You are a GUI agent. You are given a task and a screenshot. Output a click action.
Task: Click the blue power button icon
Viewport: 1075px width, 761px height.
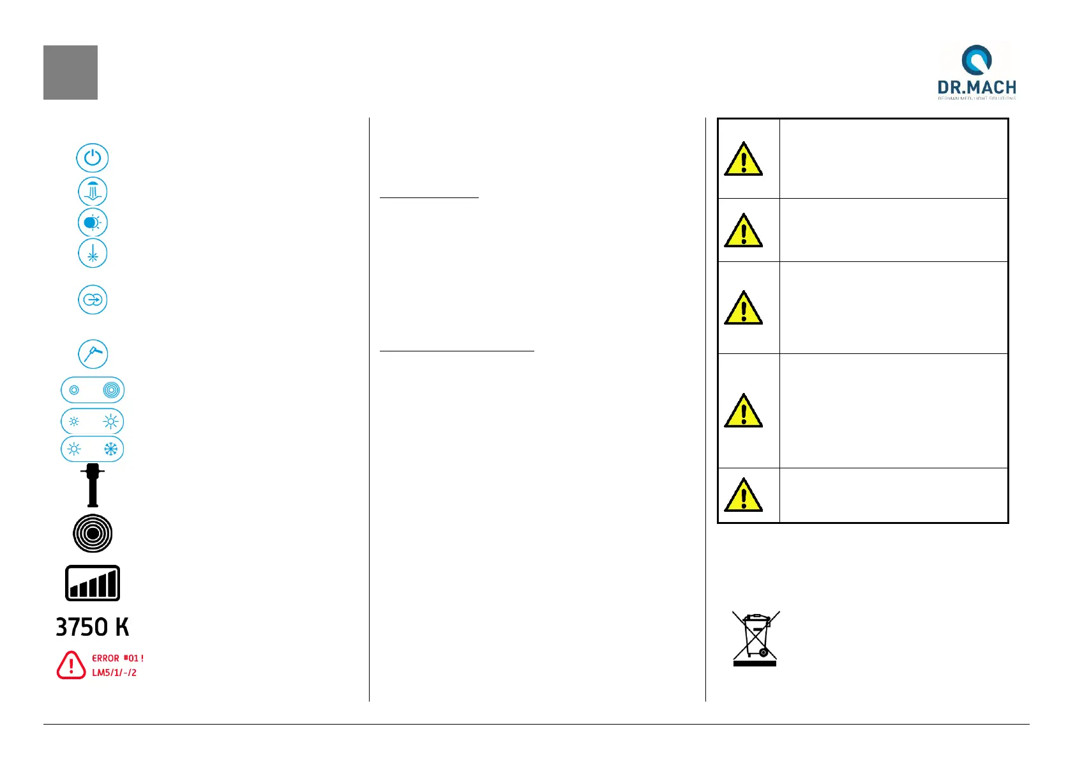click(x=93, y=158)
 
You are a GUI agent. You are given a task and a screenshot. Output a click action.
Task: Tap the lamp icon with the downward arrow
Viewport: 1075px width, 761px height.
click(x=93, y=192)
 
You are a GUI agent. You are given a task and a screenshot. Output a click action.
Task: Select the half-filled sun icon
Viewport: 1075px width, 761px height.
click(x=93, y=223)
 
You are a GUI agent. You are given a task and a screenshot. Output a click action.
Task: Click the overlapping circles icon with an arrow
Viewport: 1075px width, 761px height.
click(x=93, y=300)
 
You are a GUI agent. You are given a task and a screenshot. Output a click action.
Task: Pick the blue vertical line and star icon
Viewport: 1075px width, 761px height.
click(x=93, y=254)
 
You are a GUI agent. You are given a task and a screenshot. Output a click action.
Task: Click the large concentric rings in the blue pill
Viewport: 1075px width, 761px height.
click(x=111, y=390)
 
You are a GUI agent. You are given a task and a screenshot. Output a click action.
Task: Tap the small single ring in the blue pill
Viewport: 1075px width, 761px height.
click(x=74, y=390)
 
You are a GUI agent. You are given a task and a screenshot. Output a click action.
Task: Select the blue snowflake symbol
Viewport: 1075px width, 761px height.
click(x=111, y=449)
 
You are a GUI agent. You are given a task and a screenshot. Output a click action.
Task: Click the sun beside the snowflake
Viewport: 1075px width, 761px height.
click(x=74, y=449)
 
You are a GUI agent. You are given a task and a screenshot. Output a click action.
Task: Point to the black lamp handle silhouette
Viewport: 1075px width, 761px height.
click(x=93, y=486)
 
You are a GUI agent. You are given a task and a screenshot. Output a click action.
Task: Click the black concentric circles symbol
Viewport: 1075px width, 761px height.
click(x=93, y=534)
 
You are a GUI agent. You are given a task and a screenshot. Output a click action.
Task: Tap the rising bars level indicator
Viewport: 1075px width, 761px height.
click(x=93, y=583)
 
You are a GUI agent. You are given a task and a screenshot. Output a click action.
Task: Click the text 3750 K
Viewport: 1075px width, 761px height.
click(x=93, y=627)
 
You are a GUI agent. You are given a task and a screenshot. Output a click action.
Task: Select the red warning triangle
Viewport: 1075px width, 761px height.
click(x=71, y=665)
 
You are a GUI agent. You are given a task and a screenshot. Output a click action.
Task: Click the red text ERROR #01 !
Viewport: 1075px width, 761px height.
click(x=118, y=658)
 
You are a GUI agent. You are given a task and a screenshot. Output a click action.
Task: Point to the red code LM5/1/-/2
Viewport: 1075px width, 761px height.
click(x=114, y=673)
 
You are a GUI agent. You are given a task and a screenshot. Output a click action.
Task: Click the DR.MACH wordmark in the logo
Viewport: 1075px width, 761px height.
click(x=977, y=88)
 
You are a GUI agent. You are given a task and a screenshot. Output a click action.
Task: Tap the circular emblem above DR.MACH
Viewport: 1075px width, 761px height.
click(x=977, y=59)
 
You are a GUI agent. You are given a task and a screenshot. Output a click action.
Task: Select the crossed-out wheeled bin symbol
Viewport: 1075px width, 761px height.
click(x=755, y=638)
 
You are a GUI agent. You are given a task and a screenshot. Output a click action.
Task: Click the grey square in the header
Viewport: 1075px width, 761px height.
click(x=70, y=72)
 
